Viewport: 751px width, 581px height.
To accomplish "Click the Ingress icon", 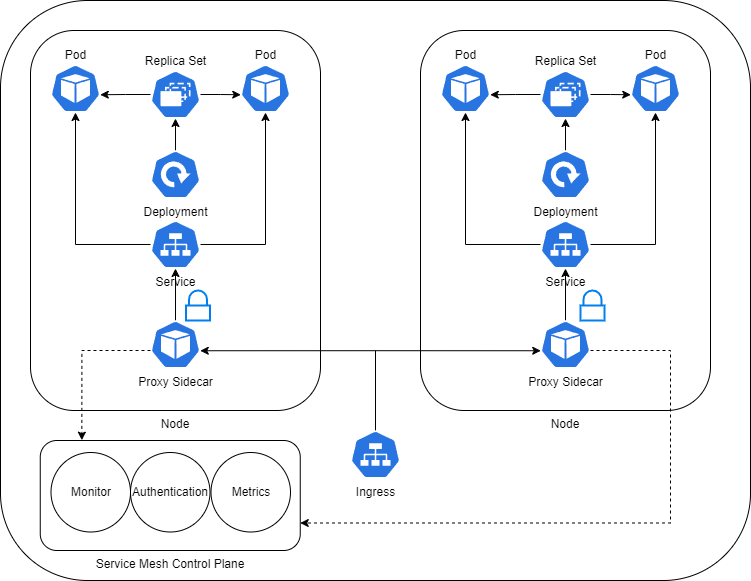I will click(x=375, y=456).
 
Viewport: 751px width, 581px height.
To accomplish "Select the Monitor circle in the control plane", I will click(x=91, y=492).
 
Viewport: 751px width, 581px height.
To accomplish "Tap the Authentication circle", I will click(x=170, y=492).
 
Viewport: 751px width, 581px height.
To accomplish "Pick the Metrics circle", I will click(x=251, y=492).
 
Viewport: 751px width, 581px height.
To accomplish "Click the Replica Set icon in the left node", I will click(x=175, y=95).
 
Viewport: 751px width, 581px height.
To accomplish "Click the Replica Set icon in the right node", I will click(x=565, y=95).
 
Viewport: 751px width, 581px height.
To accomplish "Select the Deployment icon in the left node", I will click(x=175, y=176).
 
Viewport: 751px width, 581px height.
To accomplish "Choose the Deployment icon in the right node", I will click(x=565, y=176).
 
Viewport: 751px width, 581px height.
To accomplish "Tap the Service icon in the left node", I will click(x=175, y=245).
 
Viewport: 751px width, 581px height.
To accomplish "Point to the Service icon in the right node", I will click(x=565, y=245).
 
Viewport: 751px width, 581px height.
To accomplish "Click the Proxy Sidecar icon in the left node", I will click(x=175, y=346).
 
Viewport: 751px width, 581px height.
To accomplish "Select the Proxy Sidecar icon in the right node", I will click(x=565, y=346).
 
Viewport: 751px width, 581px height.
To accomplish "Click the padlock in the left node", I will click(x=199, y=307).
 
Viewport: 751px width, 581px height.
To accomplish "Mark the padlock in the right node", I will click(x=594, y=307).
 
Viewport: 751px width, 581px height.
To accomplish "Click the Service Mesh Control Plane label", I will click(x=170, y=564).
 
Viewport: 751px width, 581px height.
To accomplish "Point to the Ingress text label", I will click(x=375, y=492).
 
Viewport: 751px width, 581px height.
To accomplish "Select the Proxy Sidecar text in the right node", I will click(x=565, y=382).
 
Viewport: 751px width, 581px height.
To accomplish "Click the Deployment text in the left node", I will click(x=175, y=212).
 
